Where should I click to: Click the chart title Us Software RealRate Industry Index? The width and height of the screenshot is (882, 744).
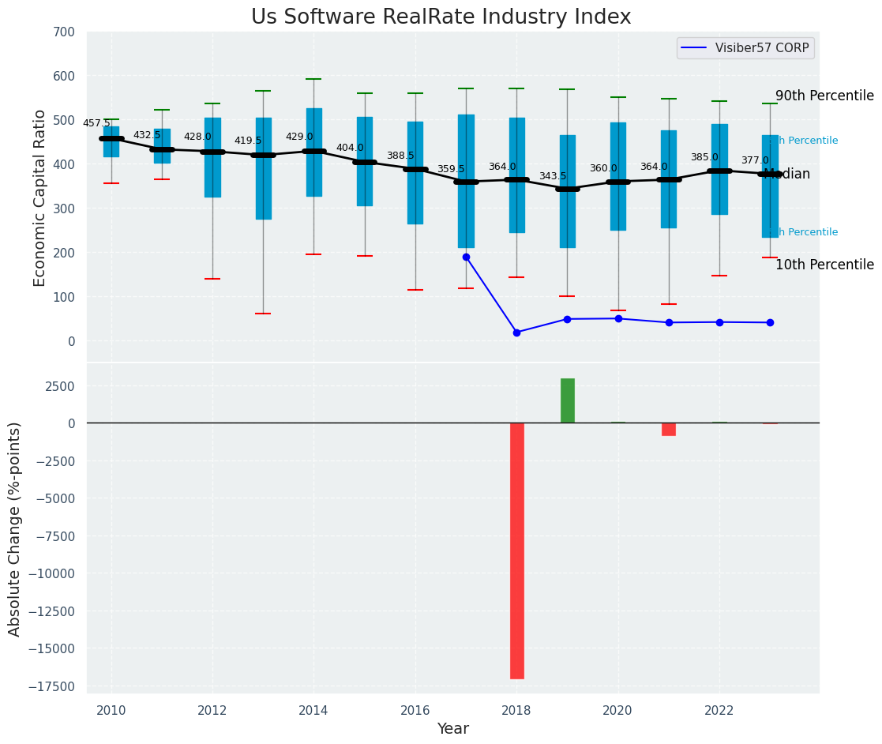tap(441, 17)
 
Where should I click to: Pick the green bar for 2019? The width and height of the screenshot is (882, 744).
tap(567, 400)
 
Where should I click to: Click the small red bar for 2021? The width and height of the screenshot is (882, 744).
tap(669, 429)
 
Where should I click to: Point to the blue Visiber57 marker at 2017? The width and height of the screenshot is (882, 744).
tap(466, 257)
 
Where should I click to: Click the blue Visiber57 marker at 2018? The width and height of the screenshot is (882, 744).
tap(516, 333)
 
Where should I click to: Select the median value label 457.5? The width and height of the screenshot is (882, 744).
tap(96, 123)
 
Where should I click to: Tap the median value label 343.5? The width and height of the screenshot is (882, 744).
tap(553, 176)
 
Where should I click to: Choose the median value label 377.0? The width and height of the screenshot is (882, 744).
tap(755, 160)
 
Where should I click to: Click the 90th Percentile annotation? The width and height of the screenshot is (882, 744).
tap(824, 96)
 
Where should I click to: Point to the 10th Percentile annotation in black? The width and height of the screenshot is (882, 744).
tap(824, 265)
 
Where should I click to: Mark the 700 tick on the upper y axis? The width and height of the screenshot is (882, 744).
tap(64, 32)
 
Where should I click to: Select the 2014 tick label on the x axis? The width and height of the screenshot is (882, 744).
tap(313, 710)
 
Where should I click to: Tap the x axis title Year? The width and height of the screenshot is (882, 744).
tap(452, 729)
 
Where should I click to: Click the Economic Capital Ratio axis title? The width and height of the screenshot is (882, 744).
tap(40, 197)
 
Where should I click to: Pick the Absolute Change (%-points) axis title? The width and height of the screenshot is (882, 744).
tap(15, 528)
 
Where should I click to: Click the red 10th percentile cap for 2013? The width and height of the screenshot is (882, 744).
tap(263, 314)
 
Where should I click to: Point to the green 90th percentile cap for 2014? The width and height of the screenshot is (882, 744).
tap(313, 79)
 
